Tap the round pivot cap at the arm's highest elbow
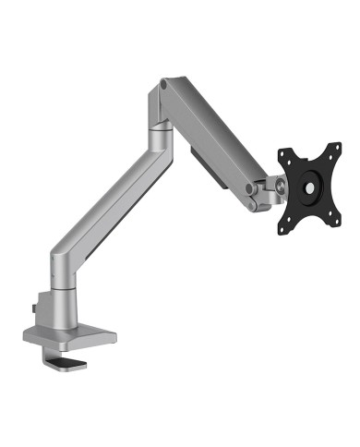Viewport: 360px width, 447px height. point(164,85)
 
